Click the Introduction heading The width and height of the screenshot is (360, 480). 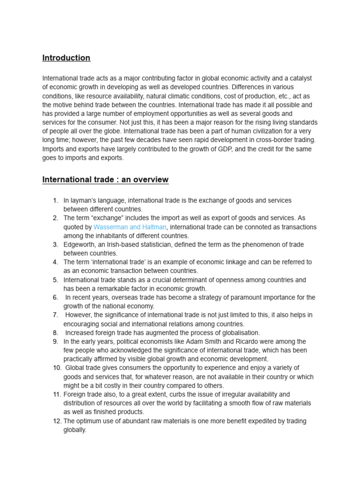pyautogui.click(x=66, y=58)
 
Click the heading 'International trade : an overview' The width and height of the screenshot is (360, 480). pyautogui.click(x=105, y=180)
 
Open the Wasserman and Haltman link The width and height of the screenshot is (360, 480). pyautogui.click(x=130, y=227)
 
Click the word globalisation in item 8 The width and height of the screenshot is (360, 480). pyautogui.click(x=239, y=333)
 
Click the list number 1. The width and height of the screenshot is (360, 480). pyautogui.click(x=55, y=201)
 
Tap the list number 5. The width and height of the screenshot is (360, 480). pyautogui.click(x=55, y=280)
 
